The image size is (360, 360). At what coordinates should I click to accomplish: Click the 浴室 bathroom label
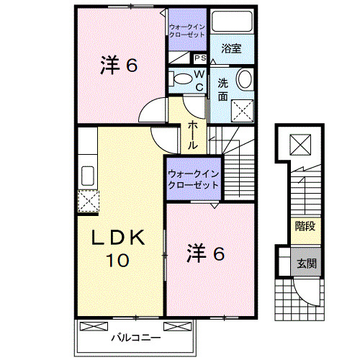[x=231, y=49]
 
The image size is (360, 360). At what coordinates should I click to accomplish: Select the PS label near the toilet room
[x=199, y=58]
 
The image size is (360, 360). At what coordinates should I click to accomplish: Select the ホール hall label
[x=194, y=134]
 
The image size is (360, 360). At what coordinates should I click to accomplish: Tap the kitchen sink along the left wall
[x=89, y=175]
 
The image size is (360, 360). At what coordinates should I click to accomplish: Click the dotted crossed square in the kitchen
[x=89, y=201]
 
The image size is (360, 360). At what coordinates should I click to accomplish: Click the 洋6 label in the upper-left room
[x=118, y=66]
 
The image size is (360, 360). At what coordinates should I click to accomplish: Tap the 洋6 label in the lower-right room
[x=207, y=253]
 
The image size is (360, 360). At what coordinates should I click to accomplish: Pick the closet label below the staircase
[x=193, y=179]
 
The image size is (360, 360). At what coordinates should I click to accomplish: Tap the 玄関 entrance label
[x=303, y=264]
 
